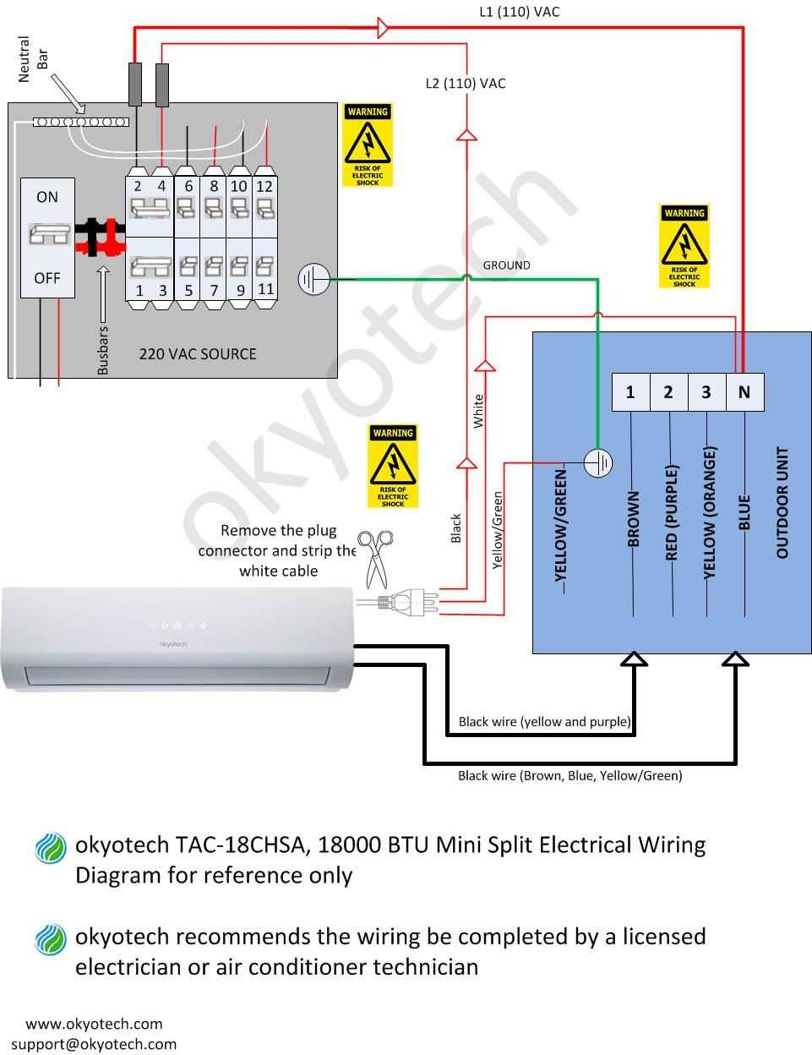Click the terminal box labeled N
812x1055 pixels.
[x=744, y=392]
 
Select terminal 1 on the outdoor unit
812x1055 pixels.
[x=630, y=392]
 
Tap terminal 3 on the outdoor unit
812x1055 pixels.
[x=706, y=392]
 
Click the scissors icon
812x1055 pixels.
[x=377, y=557]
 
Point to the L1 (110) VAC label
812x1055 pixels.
[x=520, y=12]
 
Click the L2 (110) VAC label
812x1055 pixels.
[x=466, y=83]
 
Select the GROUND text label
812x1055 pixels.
[x=506, y=265]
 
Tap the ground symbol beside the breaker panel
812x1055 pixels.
[x=313, y=279]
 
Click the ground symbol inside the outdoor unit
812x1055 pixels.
[x=598, y=462]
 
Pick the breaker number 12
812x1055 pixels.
[x=264, y=186]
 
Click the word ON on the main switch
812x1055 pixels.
[x=47, y=197]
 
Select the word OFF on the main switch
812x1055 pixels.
[x=47, y=277]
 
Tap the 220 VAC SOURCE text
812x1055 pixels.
[x=198, y=353]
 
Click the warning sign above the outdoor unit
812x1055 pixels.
[x=684, y=245]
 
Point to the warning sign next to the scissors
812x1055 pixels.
[x=393, y=466]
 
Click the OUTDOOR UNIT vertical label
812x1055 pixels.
[x=782, y=502]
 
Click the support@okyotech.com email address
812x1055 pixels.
[x=94, y=1043]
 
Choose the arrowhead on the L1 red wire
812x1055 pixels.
[x=382, y=29]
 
